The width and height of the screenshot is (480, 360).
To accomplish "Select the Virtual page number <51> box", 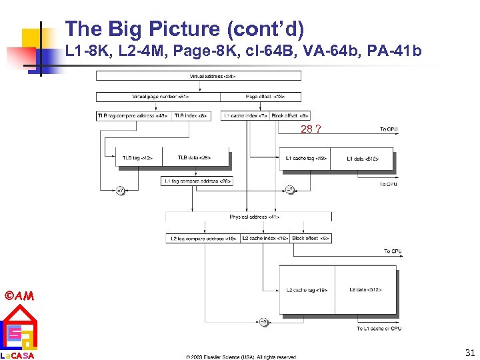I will (x=161, y=97).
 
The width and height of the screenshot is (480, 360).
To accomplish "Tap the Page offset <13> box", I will (x=263, y=97).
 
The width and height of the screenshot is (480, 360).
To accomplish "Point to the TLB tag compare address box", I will (x=133, y=116).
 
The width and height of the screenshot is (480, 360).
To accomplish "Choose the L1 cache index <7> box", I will (x=245, y=116).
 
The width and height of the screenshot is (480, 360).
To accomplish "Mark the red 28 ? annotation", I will (x=310, y=129).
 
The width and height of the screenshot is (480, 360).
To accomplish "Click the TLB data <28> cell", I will (x=195, y=158).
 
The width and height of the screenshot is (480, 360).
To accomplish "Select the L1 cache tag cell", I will (x=306, y=159).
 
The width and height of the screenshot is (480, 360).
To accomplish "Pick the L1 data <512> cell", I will (x=363, y=159).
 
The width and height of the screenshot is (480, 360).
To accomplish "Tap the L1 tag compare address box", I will (x=197, y=181).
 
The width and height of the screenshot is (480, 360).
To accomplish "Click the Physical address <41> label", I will (x=248, y=217).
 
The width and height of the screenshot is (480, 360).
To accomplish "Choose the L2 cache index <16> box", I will (x=265, y=238).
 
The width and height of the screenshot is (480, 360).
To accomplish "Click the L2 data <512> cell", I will (x=365, y=290).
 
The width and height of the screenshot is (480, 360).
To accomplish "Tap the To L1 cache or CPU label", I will (x=379, y=329).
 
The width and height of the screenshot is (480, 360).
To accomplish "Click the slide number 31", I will (x=469, y=353).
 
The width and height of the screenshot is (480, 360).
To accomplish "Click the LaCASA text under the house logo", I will (x=17, y=355).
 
